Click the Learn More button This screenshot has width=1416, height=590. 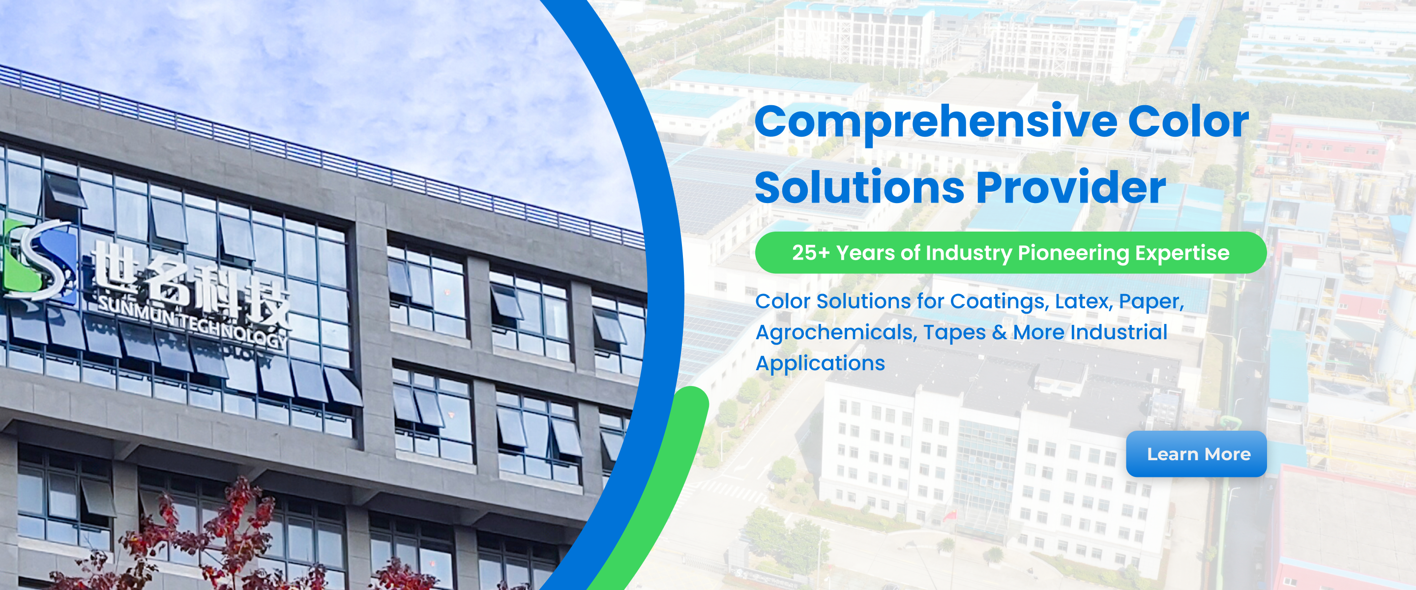point(1196,454)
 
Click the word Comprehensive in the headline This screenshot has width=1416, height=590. point(936,122)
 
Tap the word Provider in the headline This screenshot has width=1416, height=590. point(1071,187)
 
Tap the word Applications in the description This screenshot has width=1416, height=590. point(820,363)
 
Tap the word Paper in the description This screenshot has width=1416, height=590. point(1151,302)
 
